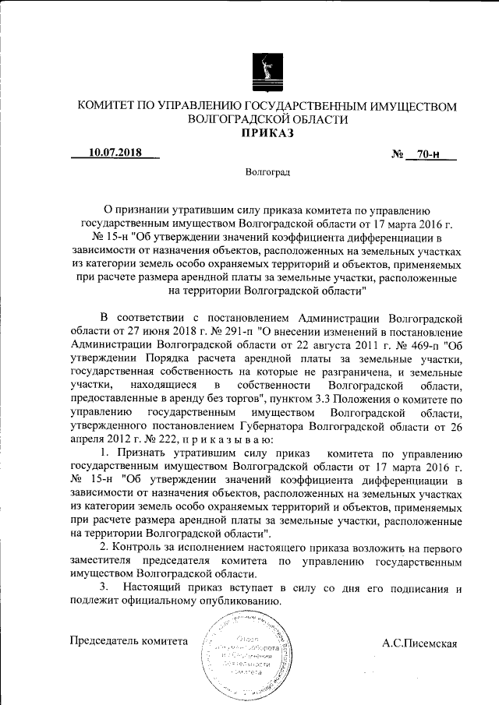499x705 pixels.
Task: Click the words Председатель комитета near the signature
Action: tap(129, 641)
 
